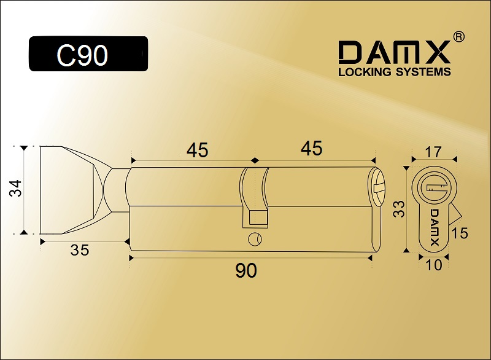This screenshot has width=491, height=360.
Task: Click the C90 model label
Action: [x=82, y=55]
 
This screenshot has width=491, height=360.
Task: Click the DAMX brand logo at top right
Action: [x=395, y=52]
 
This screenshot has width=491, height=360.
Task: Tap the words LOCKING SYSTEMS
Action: [x=395, y=72]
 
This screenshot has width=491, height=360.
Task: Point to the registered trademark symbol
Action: [x=458, y=37]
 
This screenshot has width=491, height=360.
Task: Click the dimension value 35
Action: [x=80, y=250]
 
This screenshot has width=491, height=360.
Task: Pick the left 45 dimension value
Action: [x=197, y=150]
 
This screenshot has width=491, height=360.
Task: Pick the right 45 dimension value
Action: [x=312, y=148]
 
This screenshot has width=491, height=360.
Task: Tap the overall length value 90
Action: [x=246, y=270]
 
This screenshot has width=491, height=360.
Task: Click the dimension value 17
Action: [x=433, y=152]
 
